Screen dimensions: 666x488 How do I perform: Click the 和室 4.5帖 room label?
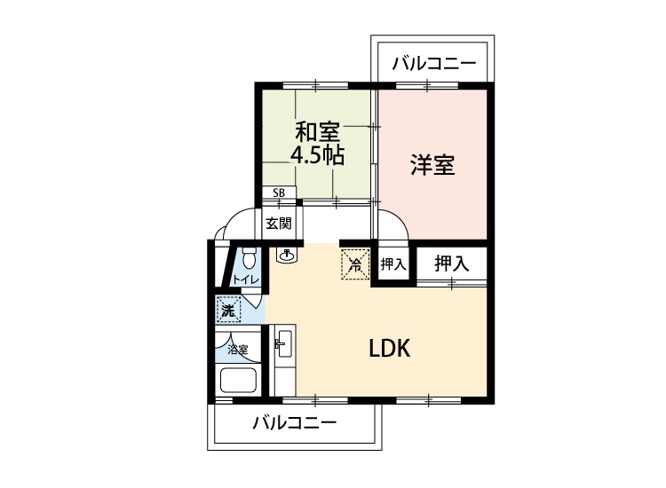point(317,144)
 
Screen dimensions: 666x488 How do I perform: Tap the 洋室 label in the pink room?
point(432,165)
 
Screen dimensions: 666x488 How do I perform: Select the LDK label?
point(390,349)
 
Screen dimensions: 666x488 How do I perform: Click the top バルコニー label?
point(433,64)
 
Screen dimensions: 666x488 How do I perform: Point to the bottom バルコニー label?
point(295,422)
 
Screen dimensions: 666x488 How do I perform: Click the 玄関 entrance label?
point(279,224)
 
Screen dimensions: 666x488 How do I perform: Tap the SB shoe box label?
point(279,193)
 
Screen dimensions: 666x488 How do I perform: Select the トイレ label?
point(245,279)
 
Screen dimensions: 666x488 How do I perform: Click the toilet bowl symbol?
point(249,258)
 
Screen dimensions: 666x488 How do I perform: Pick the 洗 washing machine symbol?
point(228,310)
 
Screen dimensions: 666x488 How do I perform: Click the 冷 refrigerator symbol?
point(355,264)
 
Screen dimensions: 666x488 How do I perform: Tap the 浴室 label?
point(238,350)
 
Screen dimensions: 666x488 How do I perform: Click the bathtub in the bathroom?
point(238,380)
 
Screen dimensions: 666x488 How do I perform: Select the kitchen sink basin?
point(282,342)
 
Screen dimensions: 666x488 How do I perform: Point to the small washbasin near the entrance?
point(288,255)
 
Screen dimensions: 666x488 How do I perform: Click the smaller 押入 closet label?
point(392,264)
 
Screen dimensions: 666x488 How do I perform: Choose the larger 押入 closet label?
point(451,264)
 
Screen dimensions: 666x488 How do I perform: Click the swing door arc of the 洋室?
point(400,218)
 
